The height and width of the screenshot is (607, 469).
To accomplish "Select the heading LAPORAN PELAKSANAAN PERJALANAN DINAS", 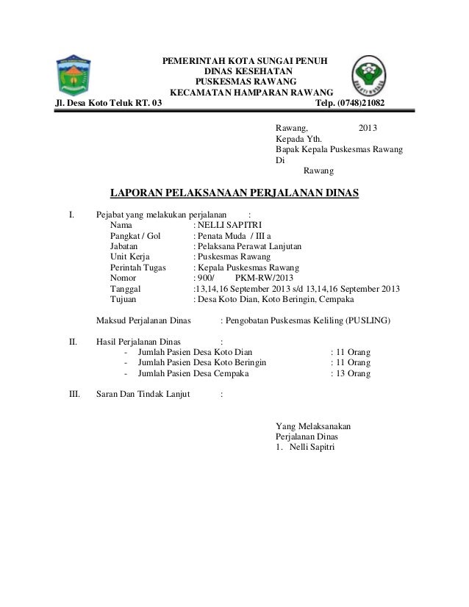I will coord(234,193).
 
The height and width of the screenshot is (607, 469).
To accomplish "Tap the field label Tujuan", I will coord(126,300).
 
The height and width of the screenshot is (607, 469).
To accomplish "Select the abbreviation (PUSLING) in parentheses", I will coord(365,321).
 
